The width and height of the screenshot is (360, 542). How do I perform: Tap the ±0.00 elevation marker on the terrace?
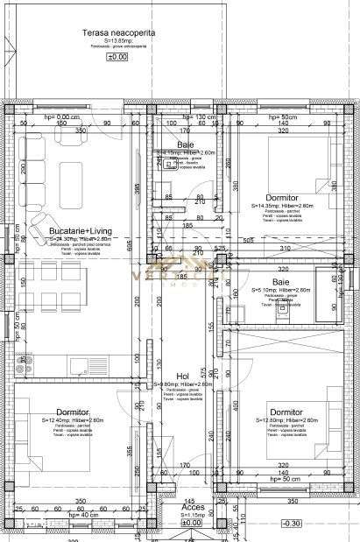pos(116,56)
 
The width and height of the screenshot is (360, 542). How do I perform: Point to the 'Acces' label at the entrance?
pos(193,507)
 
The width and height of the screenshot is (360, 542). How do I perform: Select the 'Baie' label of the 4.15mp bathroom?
pos(186,144)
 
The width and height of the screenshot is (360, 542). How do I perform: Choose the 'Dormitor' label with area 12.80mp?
pos(287,411)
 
